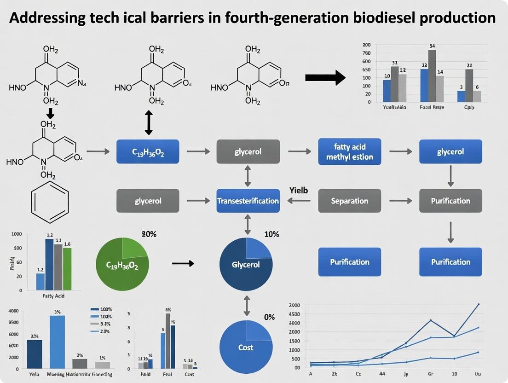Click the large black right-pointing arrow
325,77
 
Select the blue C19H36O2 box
148,151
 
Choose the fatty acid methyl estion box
350,151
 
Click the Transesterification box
248,201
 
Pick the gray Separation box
350,201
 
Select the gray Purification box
450,201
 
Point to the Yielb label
299,190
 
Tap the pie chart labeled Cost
246,347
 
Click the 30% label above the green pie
149,234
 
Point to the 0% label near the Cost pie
269,317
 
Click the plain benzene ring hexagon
49,202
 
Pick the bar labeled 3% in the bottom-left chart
58,342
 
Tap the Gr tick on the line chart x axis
430,375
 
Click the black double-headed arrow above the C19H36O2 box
148,122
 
